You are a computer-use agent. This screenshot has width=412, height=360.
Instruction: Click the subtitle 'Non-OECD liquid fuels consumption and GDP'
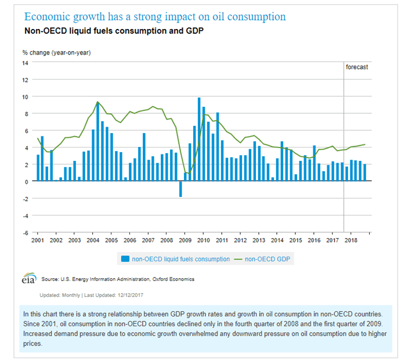coord(114,31)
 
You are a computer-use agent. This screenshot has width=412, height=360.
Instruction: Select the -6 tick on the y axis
coord(26,232)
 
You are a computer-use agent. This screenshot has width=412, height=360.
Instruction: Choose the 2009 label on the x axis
coord(186,240)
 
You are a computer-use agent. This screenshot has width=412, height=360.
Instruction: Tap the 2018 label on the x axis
coord(350,240)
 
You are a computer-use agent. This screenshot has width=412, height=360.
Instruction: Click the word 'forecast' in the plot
coord(357,67)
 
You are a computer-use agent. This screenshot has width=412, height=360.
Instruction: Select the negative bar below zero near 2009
coord(180,189)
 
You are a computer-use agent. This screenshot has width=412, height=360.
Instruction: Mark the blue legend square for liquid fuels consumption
coord(125,260)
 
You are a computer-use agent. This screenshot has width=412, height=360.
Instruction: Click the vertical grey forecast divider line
coord(344,145)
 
